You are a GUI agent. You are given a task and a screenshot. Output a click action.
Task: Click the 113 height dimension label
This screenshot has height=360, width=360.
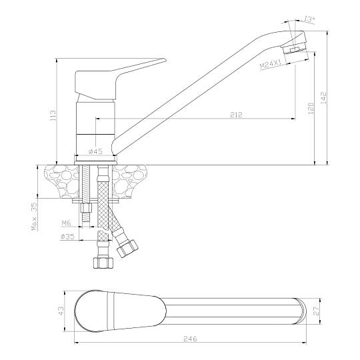pyautogui.click(x=53, y=115)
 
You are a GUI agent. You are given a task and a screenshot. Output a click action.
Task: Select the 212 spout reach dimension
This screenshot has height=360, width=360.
pyautogui.click(x=236, y=115)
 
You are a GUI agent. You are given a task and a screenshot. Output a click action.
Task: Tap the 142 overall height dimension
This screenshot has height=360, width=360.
pyautogui.click(x=323, y=97)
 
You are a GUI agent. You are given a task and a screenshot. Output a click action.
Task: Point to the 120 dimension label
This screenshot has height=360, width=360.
pyautogui.click(x=311, y=108)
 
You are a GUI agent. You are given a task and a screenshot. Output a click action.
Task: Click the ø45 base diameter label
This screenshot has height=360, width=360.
pyautogui.click(x=95, y=151)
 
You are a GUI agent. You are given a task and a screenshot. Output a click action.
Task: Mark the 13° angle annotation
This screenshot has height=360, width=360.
pyautogui.click(x=309, y=19)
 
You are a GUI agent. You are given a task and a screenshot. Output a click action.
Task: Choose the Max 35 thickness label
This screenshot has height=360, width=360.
pyautogui.click(x=34, y=216)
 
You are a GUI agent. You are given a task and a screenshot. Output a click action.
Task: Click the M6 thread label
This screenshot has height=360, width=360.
pyautogui.click(x=67, y=223)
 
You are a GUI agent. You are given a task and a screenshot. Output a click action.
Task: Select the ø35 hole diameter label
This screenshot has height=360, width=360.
pyautogui.click(x=68, y=236)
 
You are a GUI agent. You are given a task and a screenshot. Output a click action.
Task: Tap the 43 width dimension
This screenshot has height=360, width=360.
pyautogui.click(x=61, y=311)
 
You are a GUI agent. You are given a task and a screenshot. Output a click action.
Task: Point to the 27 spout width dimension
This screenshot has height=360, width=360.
pyautogui.click(x=317, y=311)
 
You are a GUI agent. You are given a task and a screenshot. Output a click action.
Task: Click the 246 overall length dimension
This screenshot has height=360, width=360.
pyautogui.click(x=190, y=339)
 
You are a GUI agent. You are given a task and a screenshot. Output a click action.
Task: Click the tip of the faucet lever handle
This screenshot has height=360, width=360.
pyautogui.click(x=165, y=60)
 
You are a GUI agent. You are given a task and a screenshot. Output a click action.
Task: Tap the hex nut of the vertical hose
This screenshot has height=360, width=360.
pyautogui.click(x=103, y=263)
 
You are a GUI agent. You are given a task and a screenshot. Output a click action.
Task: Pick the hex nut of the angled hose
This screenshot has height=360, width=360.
pyautogui.click(x=127, y=249)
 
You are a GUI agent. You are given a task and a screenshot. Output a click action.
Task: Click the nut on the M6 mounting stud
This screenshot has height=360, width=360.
pyautogui.click(x=86, y=209)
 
